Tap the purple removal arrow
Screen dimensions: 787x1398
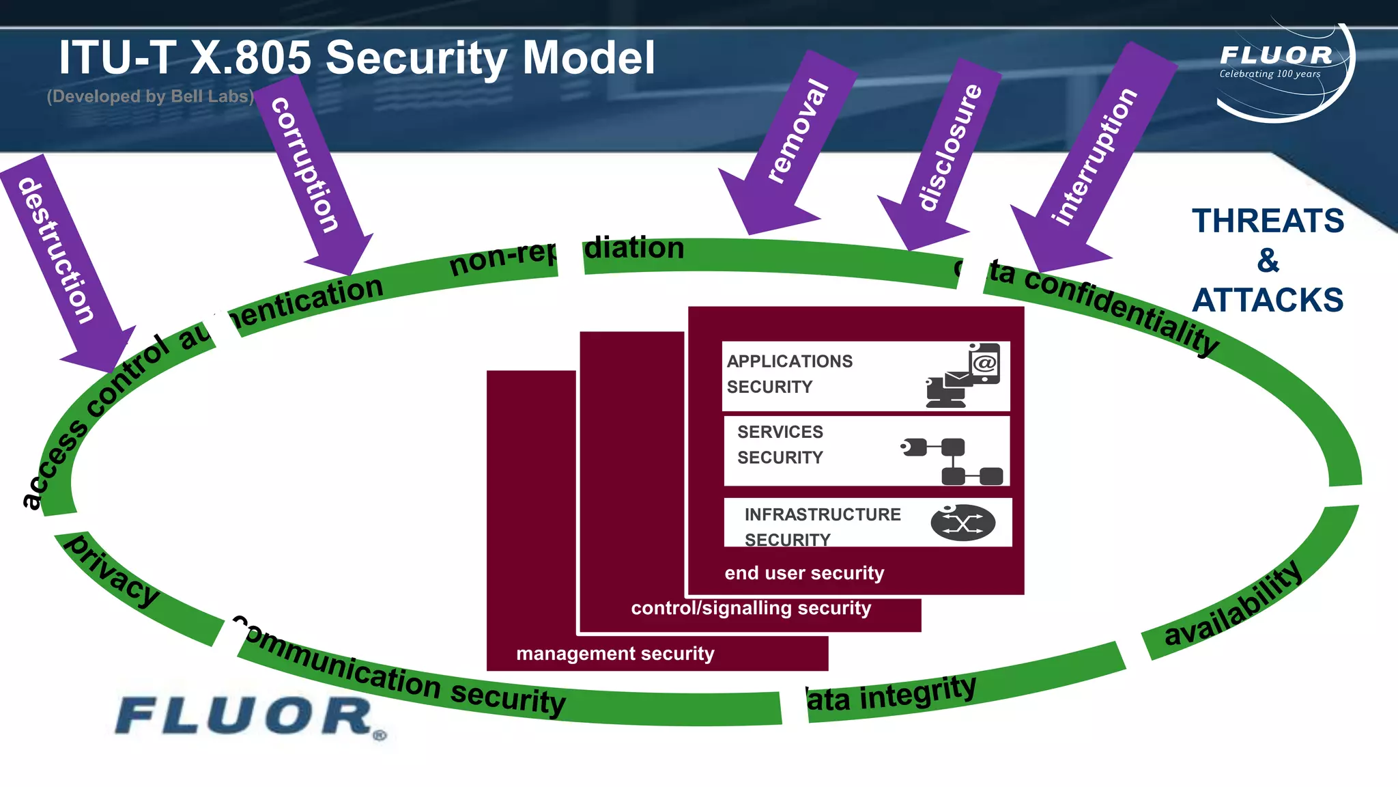(795, 137)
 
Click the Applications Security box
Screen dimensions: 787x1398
(866, 376)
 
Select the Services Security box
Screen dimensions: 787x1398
(866, 451)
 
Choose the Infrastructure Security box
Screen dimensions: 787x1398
(867, 523)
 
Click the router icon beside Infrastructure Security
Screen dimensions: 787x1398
(962, 523)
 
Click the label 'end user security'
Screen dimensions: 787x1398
(804, 572)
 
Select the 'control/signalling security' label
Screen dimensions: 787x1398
(751, 608)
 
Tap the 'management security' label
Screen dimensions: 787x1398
(615, 653)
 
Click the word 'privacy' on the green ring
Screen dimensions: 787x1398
(113, 570)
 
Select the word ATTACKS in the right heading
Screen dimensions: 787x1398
(1268, 300)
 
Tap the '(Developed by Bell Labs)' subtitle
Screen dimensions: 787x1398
(150, 96)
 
